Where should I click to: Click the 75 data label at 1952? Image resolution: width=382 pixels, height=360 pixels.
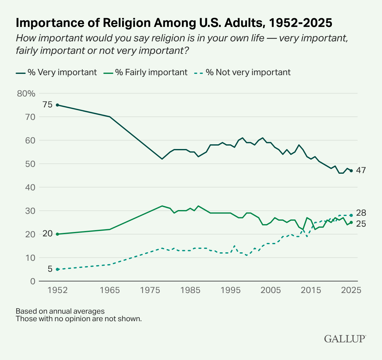48,105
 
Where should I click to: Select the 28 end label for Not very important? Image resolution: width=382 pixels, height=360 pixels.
361,213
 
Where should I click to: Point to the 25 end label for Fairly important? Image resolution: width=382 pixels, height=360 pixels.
361,224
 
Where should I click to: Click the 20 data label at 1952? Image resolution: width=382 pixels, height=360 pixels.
48,234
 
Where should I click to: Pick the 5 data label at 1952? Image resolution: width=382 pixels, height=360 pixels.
50,269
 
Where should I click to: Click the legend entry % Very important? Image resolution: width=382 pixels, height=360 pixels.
56,72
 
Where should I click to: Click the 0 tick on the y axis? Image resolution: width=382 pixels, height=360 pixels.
33,281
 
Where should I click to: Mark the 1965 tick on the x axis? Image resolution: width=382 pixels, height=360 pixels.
110,290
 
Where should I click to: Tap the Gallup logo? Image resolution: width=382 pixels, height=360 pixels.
345,339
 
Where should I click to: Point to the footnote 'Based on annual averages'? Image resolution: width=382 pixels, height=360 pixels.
60,311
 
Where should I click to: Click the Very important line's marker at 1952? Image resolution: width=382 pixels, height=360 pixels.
57,105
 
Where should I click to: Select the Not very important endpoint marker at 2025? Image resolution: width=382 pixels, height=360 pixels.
351,215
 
